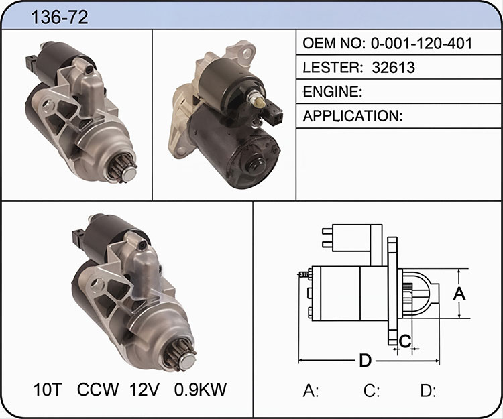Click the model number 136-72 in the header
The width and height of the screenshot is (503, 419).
pos(59,17)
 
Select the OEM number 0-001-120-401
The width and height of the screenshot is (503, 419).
pos(422,43)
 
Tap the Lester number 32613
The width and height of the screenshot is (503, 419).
pos(393,67)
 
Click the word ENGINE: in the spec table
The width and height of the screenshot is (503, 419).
pos(333,92)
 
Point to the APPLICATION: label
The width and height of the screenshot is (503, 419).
pos(353,116)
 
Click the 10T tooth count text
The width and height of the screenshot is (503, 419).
pos(47,390)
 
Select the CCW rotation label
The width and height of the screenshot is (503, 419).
pos(98,390)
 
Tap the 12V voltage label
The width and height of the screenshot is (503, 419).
pos(144,390)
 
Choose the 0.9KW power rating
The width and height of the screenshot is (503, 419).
pos(201,390)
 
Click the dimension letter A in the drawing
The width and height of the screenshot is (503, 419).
pos(459,294)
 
